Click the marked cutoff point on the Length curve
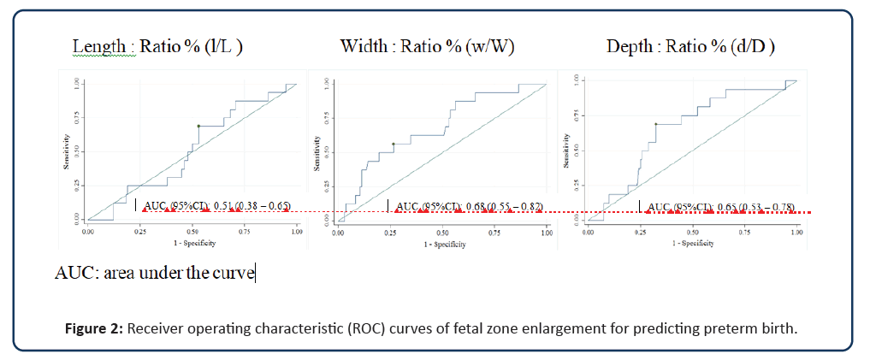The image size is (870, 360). [x=198, y=127]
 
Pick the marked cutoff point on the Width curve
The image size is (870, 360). [x=393, y=145]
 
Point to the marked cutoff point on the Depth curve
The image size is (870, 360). [x=656, y=124]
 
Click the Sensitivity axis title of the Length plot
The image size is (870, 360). [x=65, y=150]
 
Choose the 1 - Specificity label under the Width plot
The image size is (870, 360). [x=443, y=244]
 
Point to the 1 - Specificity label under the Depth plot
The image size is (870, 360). [x=693, y=243]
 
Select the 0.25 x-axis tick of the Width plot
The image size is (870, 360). [x=390, y=233]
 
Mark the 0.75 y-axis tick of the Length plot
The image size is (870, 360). [x=76, y=119]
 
